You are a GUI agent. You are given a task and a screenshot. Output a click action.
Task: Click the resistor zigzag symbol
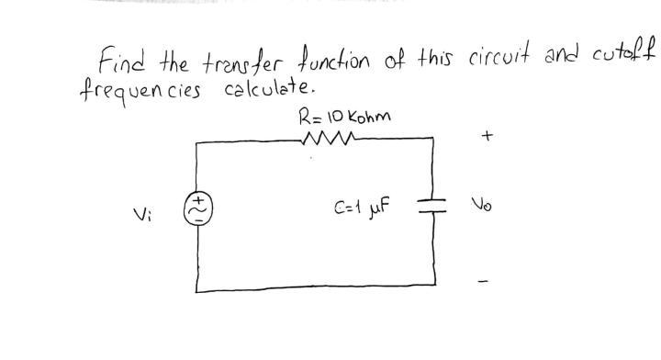click(x=325, y=140)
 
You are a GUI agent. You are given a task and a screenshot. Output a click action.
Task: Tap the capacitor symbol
click(x=432, y=205)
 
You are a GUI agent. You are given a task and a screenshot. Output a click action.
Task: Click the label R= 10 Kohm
click(x=344, y=117)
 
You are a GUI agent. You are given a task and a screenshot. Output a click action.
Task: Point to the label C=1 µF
click(x=363, y=208)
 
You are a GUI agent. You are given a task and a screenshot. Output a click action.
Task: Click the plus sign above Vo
click(x=487, y=136)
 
